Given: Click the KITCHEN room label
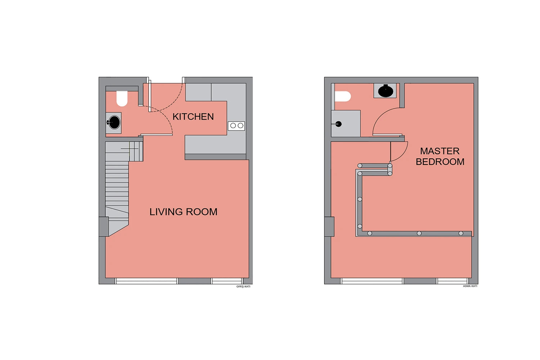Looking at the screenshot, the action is coord(193,117).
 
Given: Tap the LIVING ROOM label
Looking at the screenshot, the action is coord(183,212).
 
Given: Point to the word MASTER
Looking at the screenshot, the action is coord(440,151).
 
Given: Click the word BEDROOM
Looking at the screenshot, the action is coord(440,162).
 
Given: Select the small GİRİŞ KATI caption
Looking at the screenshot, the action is coord(243,287).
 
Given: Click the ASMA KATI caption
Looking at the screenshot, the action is coord(470,286).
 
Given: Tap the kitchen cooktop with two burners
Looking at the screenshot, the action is coord(236,126).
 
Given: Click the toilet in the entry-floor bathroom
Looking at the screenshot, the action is coord(122,98).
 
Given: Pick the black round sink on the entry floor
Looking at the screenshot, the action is coord(114,122).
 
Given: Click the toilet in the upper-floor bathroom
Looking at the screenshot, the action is coord(343,96).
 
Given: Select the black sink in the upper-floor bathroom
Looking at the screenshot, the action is coord(386,91).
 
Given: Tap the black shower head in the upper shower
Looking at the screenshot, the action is coord(338,124).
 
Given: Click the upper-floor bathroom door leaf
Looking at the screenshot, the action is coord(387,135).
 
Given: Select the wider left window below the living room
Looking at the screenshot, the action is coord(147,281).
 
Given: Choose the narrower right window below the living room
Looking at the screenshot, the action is coord(226,281).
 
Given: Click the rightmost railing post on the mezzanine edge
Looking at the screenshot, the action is coord(461,233).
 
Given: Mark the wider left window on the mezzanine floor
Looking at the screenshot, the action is coord(372,281).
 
